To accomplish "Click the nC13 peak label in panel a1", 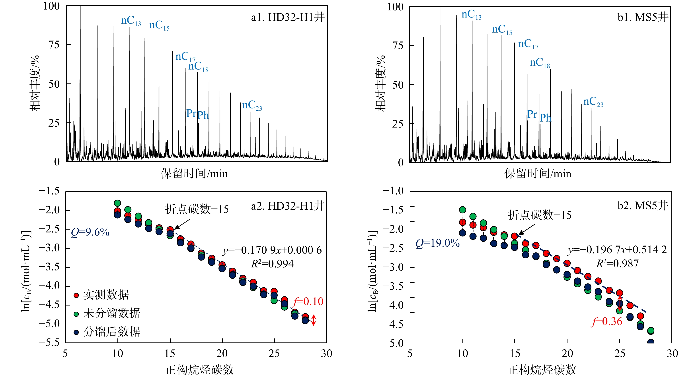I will coord(131,21).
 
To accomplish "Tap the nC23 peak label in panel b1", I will coord(593,102).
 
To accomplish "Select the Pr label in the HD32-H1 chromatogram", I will coord(191,113).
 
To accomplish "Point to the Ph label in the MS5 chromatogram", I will coord(545,118).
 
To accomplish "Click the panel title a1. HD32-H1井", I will coord(288,17).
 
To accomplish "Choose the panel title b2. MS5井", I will coord(643,206).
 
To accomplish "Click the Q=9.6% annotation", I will coord(90,232).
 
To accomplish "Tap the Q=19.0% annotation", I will coord(438,243).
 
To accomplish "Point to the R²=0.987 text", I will coord(617,264).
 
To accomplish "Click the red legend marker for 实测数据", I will coord(76,295).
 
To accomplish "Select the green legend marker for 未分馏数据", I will coord(76,314).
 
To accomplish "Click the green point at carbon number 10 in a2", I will coord(117,203).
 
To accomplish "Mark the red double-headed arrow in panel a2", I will coord(314,320).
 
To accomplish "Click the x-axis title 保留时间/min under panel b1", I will coord(538,174).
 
